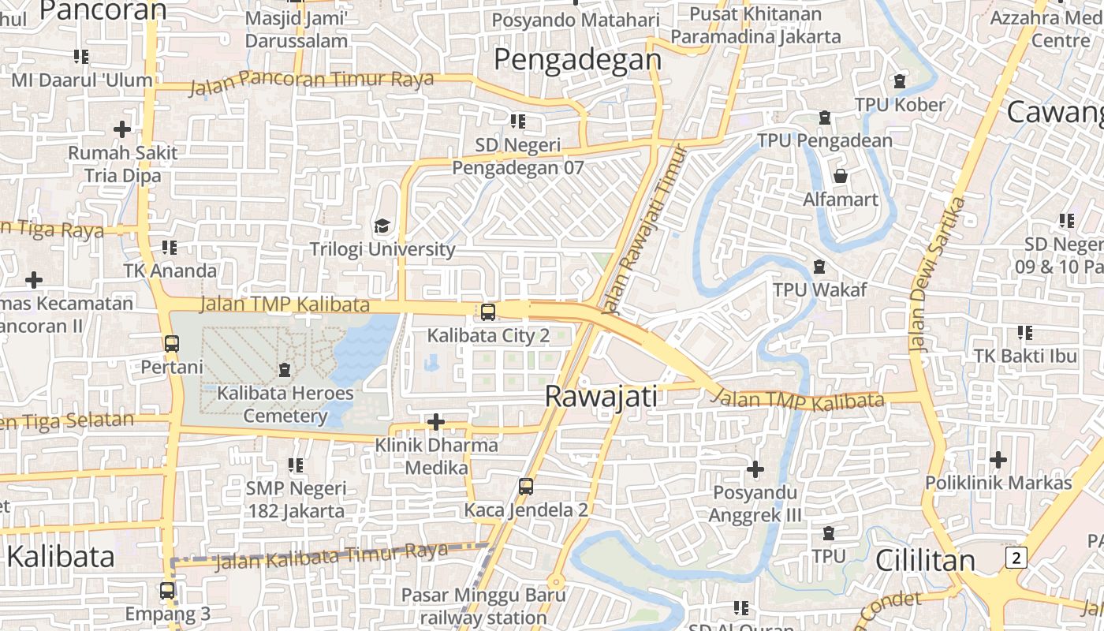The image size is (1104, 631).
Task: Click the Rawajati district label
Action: tap(601, 397)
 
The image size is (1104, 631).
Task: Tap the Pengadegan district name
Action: tap(578, 59)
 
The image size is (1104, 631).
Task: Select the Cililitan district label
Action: tap(925, 560)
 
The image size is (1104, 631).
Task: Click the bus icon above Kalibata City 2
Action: tap(488, 312)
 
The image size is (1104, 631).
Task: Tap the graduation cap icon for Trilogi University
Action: tap(382, 226)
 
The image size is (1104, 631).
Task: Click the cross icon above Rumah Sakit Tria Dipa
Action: tap(122, 129)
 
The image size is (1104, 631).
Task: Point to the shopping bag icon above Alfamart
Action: tap(841, 175)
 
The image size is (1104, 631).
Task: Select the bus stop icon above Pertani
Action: tap(171, 344)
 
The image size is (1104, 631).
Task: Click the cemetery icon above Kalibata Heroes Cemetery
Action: tap(285, 369)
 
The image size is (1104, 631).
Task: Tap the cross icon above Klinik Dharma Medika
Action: tap(436, 423)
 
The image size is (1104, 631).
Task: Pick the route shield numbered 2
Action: tap(1016, 558)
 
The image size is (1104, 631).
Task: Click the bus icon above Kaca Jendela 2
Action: tap(526, 487)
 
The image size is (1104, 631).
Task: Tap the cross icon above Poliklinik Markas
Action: tap(998, 459)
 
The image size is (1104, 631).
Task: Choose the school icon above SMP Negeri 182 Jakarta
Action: tap(296, 465)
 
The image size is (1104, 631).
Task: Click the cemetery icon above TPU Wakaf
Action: tap(819, 267)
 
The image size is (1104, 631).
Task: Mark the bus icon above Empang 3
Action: tap(167, 590)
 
